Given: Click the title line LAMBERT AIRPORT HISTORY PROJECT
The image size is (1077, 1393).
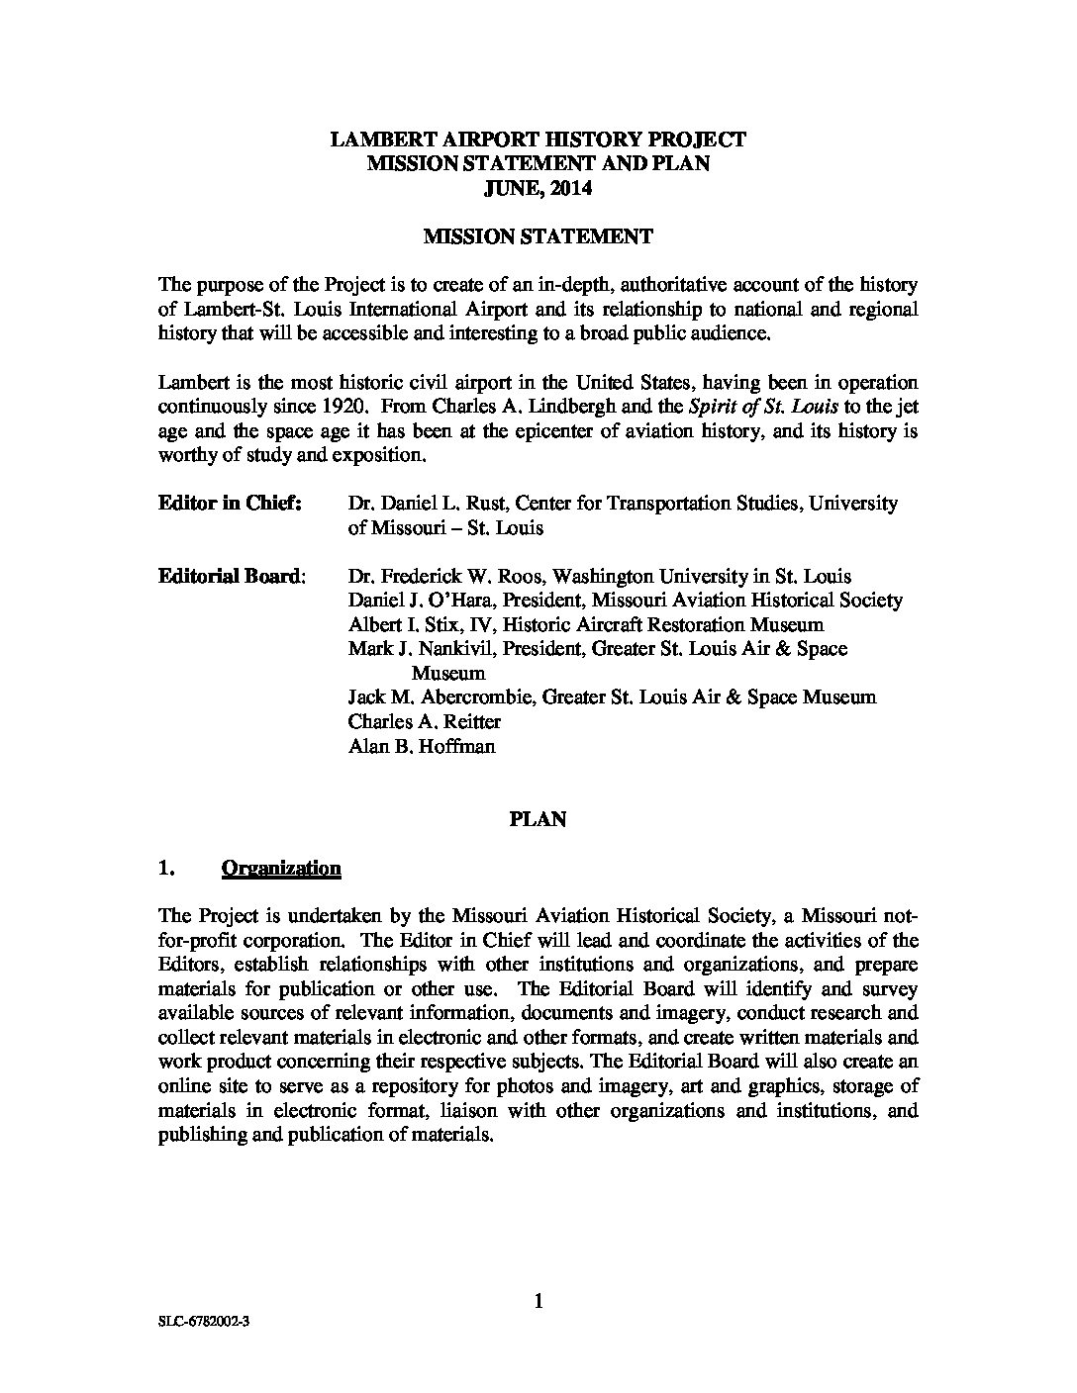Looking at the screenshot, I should point(538,139).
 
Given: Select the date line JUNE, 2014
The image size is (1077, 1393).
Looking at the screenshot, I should point(538,188).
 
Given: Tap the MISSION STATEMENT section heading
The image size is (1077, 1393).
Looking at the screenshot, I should point(538,236).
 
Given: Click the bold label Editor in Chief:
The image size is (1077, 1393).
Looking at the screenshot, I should point(230,503).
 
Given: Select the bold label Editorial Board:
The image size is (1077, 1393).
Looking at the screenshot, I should point(232,576).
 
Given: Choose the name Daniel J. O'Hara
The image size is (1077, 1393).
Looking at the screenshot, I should point(410,601).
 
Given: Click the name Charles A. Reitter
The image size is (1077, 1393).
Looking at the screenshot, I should point(411,721).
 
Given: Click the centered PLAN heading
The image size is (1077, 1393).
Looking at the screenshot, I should point(538,819).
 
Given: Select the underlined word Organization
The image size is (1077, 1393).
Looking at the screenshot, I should point(281,868).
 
